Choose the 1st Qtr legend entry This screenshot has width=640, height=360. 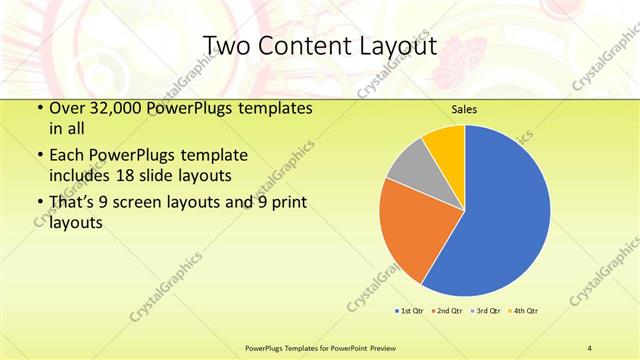(x=410, y=311)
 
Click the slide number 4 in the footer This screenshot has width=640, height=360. (x=590, y=348)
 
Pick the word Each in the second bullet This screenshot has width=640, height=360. (x=67, y=155)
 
